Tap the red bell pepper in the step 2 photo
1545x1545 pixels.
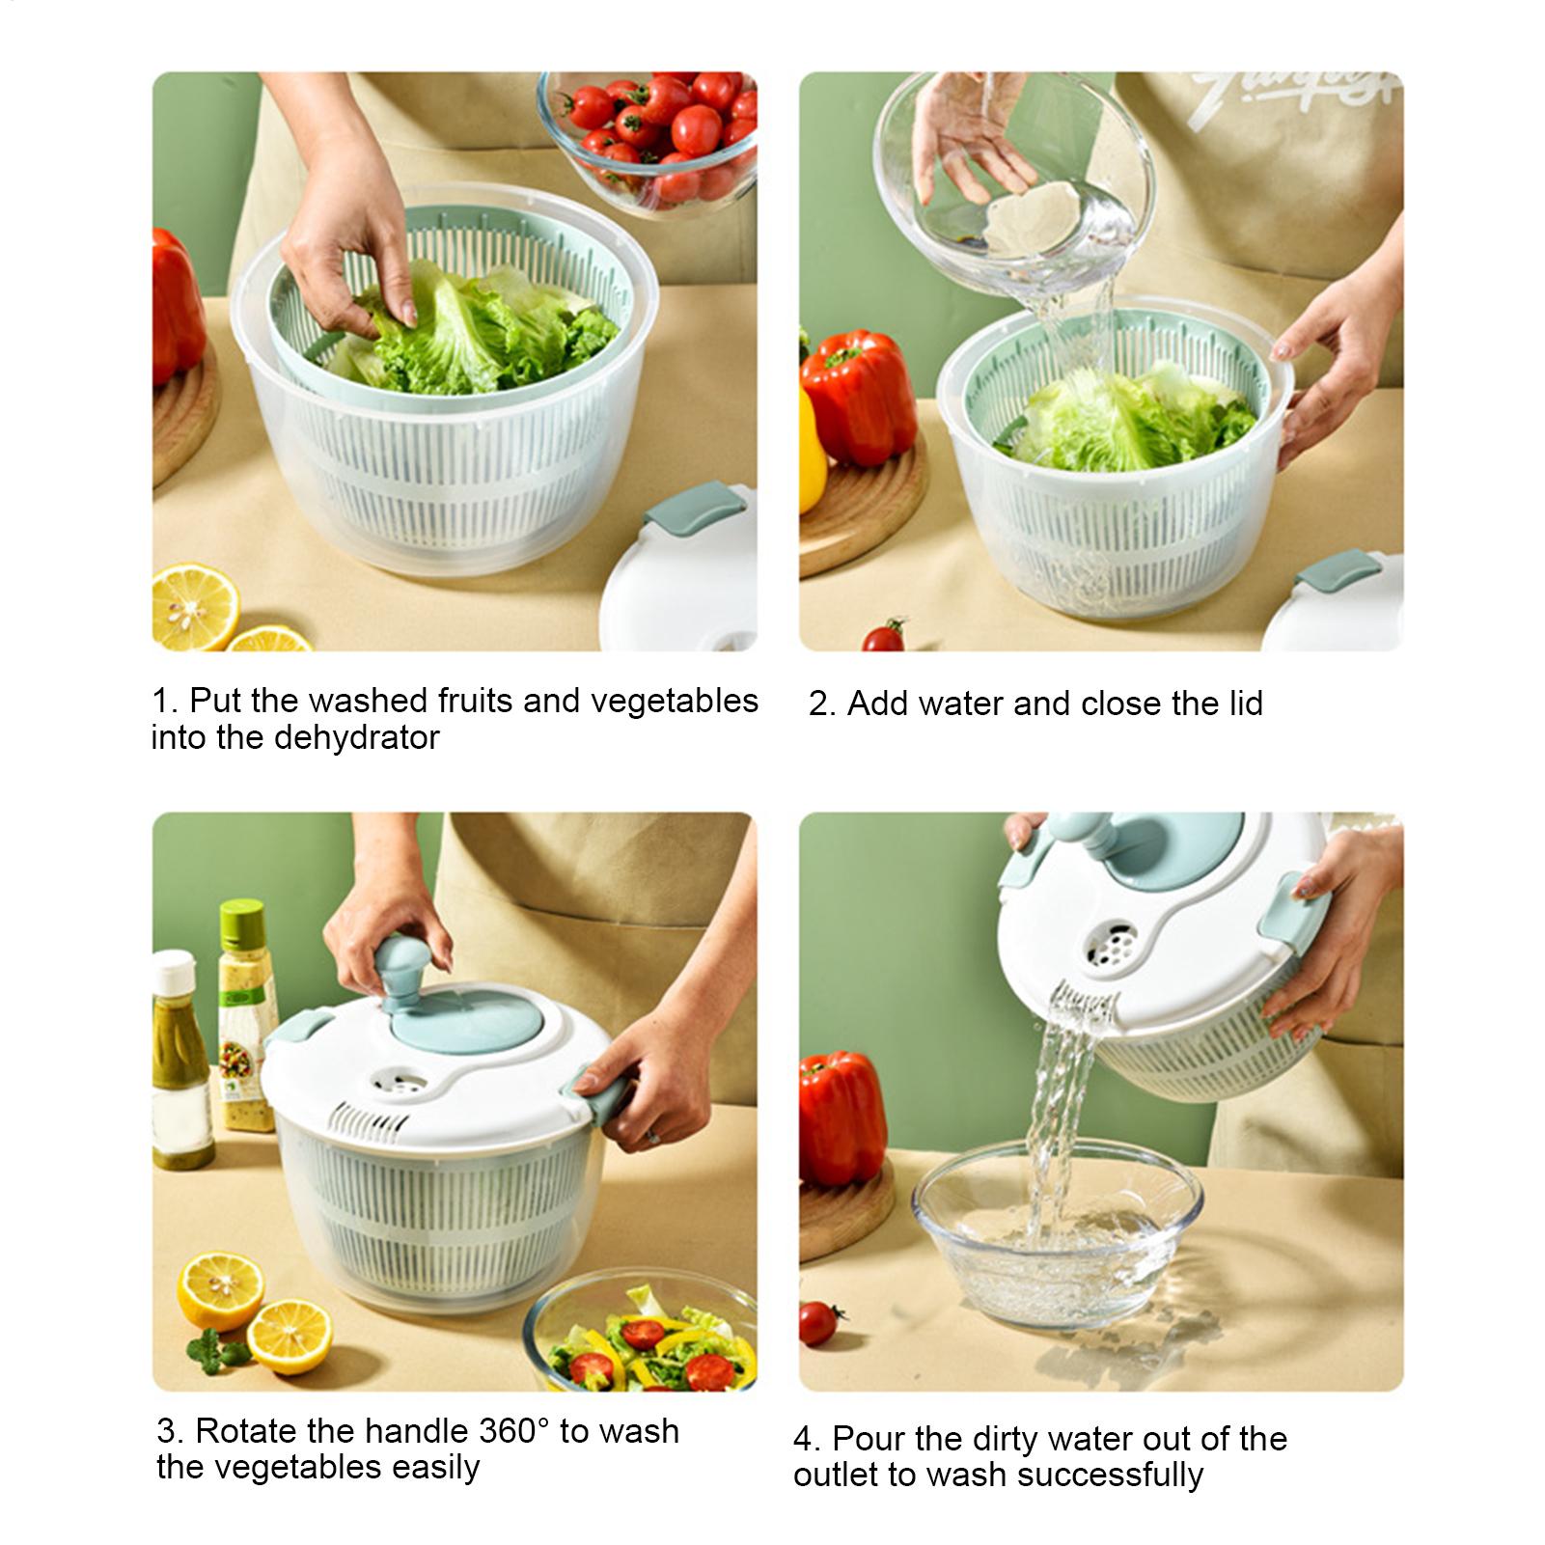click(858, 397)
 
